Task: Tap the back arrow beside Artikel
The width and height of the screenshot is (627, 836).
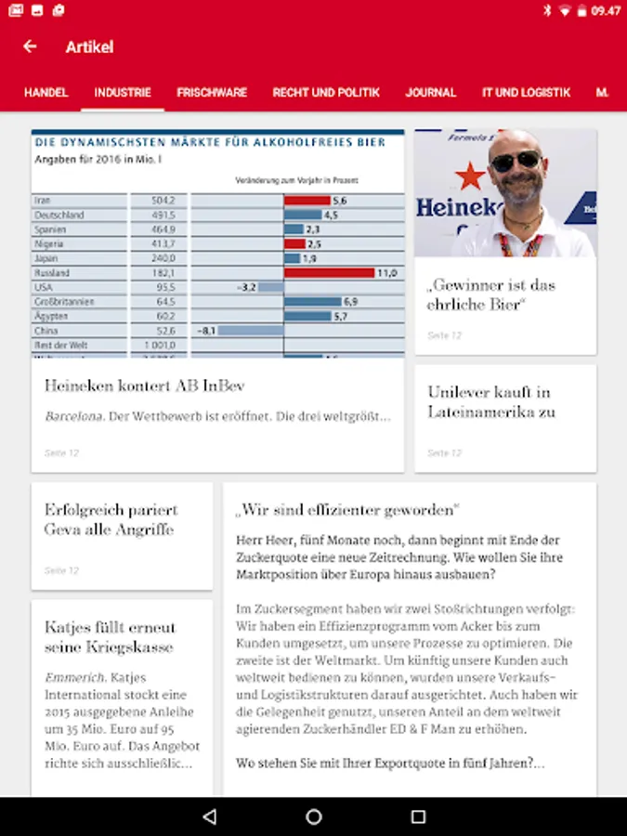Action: [x=30, y=46]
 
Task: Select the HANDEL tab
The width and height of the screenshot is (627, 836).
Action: [x=46, y=93]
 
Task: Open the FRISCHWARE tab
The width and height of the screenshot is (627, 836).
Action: [x=212, y=93]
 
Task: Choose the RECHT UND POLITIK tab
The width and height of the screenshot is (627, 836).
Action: [x=326, y=93]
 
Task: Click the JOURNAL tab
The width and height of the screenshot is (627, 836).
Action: [x=431, y=93]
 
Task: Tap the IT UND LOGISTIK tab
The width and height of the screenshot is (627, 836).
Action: [x=526, y=93]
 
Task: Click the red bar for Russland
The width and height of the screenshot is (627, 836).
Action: [x=329, y=273]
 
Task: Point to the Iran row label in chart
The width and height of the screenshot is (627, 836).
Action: [x=43, y=201]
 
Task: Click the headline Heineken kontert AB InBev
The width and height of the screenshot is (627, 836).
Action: [x=145, y=385]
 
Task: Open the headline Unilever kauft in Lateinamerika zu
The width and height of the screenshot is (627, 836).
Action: [x=490, y=401]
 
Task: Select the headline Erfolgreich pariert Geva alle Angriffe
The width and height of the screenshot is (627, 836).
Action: [x=111, y=519]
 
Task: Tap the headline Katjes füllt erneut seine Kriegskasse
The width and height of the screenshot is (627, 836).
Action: [x=110, y=637]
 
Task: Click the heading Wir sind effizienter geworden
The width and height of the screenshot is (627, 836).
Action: [x=348, y=510]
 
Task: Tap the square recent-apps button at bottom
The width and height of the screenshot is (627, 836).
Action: [x=418, y=816]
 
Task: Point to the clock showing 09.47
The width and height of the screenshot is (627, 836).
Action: [x=606, y=11]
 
